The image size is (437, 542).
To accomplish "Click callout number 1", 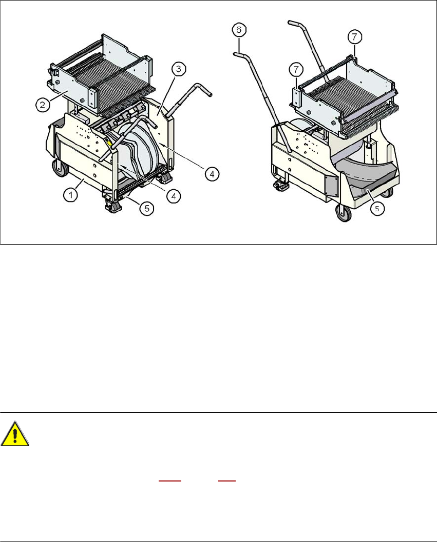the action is (71, 195).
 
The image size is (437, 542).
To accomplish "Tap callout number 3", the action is (179, 69).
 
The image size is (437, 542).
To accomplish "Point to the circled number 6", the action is (239, 30).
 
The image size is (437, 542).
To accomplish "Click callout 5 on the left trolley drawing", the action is (147, 208).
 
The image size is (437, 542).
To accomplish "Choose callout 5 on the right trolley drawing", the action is (377, 209).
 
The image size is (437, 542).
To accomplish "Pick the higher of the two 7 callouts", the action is (355, 36).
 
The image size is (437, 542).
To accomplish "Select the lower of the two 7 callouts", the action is (296, 69).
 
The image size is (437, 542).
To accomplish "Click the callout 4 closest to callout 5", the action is (174, 196).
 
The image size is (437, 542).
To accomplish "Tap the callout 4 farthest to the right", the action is (212, 174).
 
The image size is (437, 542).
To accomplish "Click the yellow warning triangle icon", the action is (15, 434).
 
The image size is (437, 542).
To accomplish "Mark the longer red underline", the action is (170, 480).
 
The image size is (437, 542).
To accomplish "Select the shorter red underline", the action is (227, 480).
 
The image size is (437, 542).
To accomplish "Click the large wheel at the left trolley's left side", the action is (60, 168).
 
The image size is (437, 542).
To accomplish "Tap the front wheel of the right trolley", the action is (344, 212).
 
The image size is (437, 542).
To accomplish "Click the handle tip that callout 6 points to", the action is (236, 53).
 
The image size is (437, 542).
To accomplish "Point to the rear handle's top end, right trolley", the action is (290, 23).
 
